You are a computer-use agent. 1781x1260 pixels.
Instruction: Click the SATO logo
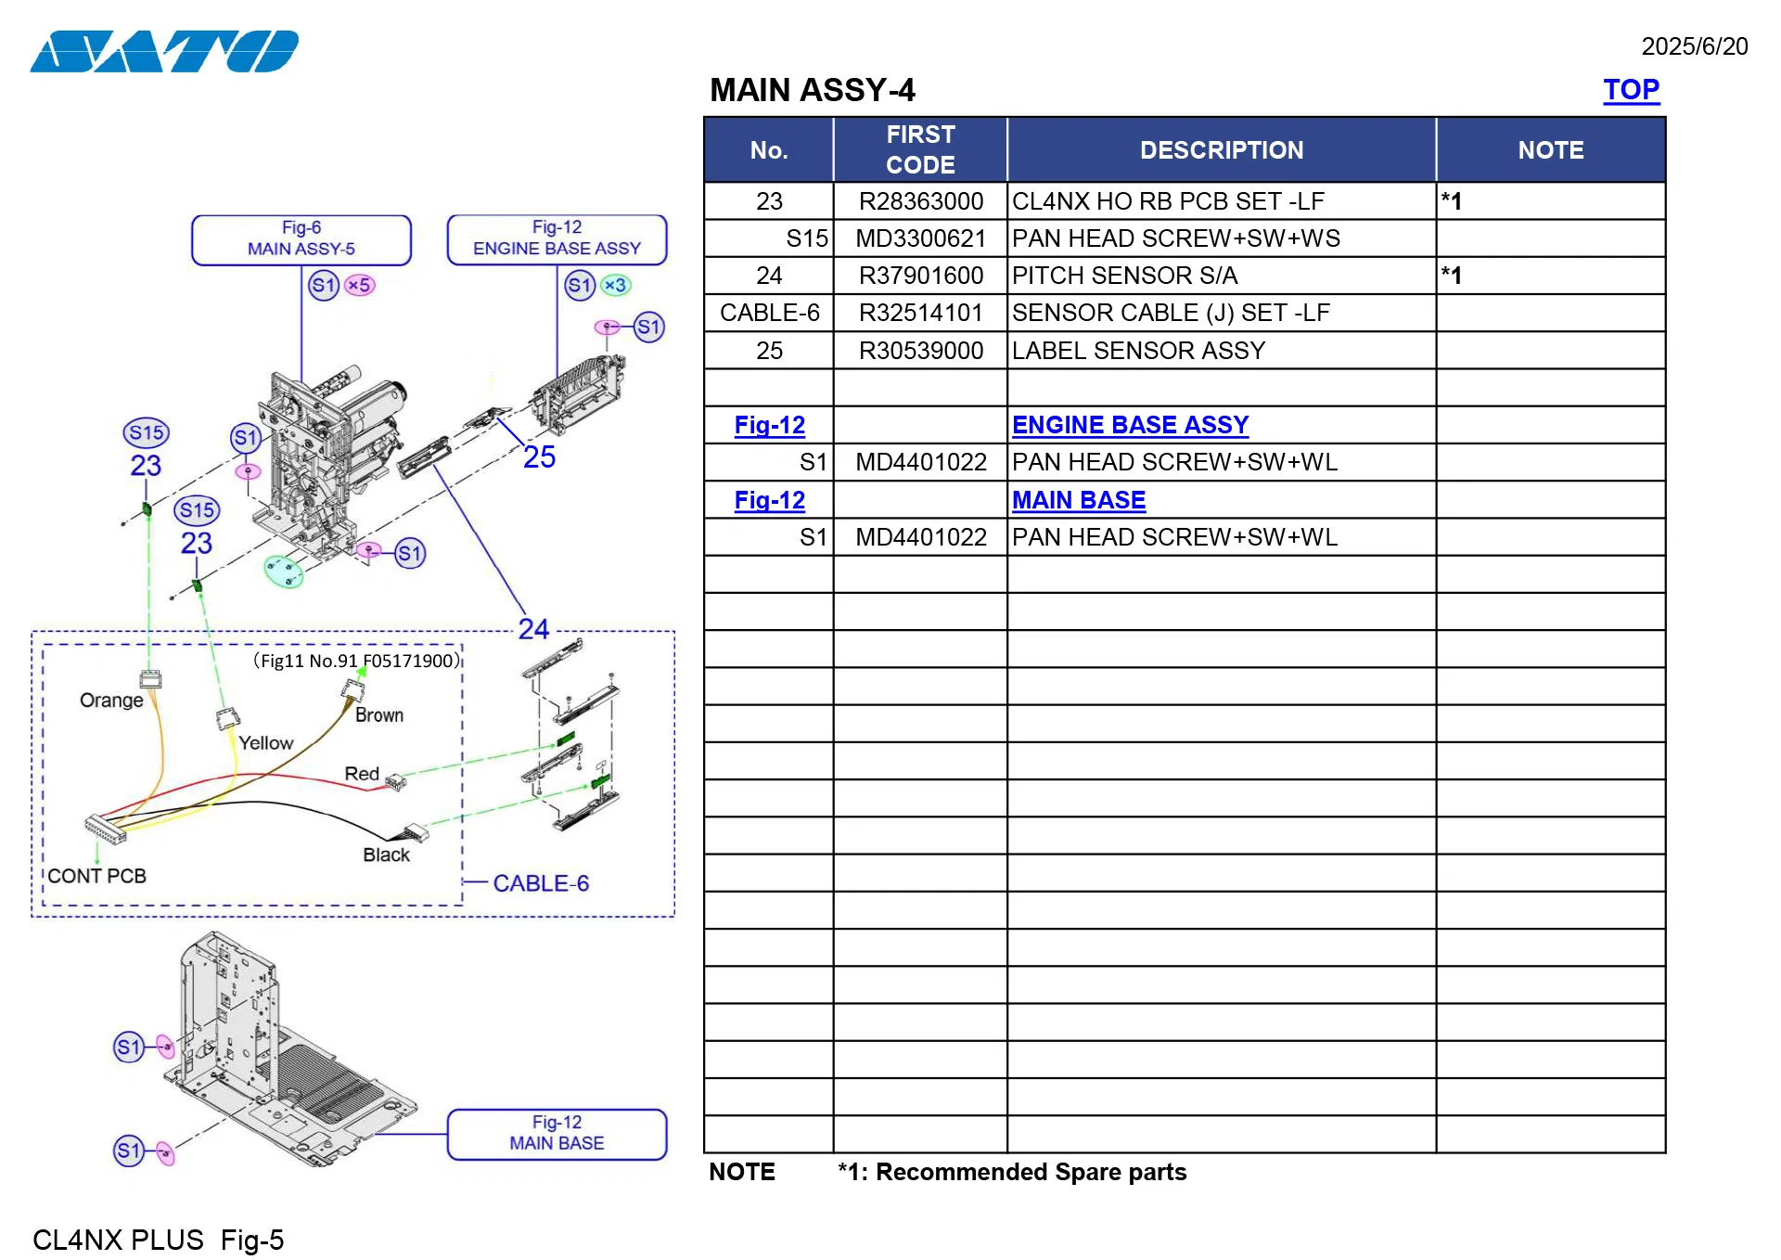(x=164, y=51)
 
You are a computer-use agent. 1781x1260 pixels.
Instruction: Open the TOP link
(x=1630, y=90)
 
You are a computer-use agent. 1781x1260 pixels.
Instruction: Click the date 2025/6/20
(x=1694, y=46)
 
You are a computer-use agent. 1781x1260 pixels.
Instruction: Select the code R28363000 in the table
(x=919, y=201)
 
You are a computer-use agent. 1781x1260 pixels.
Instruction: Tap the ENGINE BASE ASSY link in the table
(x=1129, y=425)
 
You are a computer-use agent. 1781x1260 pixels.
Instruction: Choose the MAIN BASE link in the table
(x=1078, y=500)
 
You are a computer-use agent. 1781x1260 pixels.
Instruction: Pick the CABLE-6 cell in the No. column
(x=769, y=313)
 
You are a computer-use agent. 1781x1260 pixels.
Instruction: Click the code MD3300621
(x=919, y=238)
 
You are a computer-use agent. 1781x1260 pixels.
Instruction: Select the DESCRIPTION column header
(x=1221, y=150)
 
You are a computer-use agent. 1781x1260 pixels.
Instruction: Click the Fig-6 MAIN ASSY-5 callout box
(x=301, y=239)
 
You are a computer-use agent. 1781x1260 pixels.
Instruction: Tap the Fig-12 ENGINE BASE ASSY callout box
(x=557, y=238)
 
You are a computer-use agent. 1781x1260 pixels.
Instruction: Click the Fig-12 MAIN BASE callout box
(x=557, y=1133)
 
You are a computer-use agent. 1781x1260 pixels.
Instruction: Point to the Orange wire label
(x=111, y=701)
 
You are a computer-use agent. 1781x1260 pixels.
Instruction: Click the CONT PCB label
(x=96, y=876)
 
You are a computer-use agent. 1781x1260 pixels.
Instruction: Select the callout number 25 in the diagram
(x=539, y=457)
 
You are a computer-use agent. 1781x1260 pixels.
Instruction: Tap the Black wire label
(x=386, y=855)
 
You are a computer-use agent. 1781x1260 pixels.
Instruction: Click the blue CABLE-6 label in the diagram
(x=541, y=883)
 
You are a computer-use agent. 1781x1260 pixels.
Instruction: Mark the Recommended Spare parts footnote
(x=1011, y=1172)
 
